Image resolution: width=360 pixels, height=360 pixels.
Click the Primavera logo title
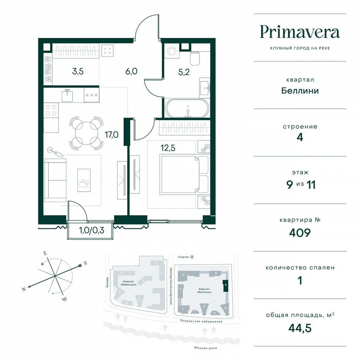coord(300,32)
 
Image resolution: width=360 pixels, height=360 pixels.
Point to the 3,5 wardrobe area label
coord(78,71)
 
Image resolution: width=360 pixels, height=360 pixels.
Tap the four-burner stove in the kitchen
coord(51,111)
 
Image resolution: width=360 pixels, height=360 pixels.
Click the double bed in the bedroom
coord(178,175)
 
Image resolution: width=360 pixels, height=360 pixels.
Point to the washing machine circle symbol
coord(172,51)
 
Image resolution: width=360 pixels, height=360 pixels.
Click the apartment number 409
coord(300,232)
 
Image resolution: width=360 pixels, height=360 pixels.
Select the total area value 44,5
coord(300,327)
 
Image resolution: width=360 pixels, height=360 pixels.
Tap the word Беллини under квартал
coord(300,90)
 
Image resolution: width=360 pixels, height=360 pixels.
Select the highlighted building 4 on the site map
coord(225,286)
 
